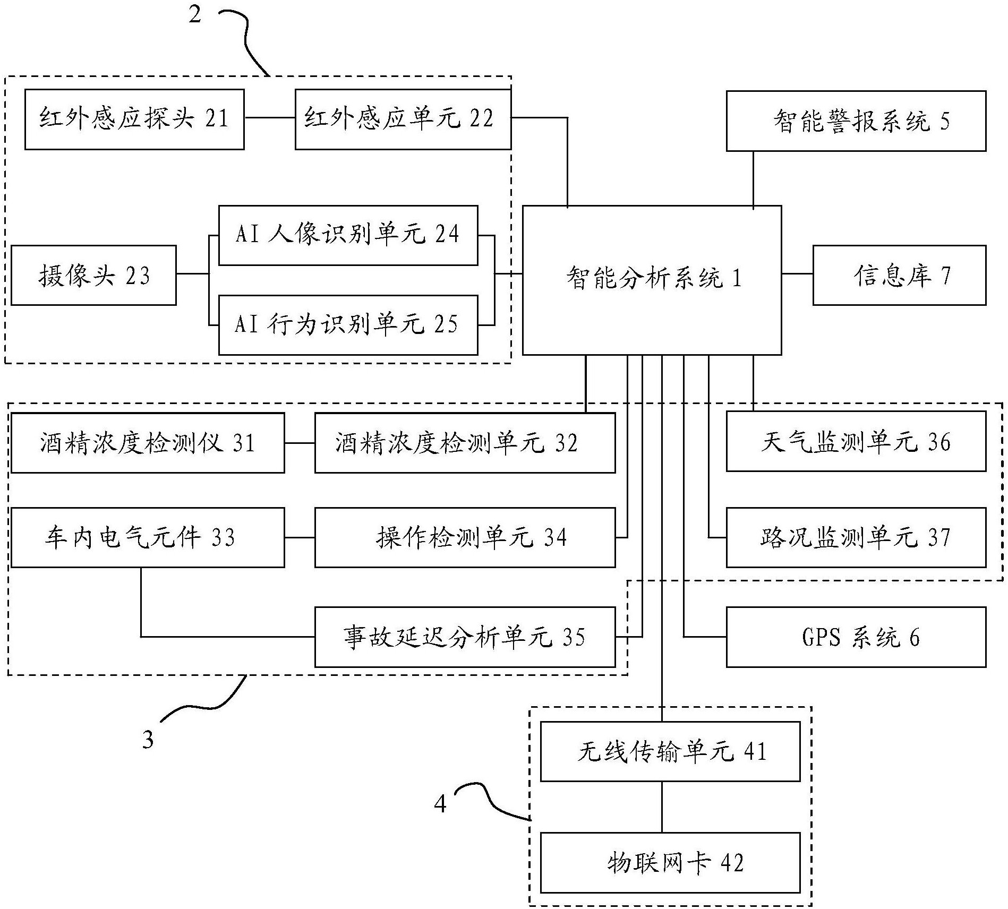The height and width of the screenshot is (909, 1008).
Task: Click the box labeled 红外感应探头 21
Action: tap(134, 119)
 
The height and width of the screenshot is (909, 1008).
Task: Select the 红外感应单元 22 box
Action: tap(403, 119)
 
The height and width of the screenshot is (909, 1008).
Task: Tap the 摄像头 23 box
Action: tap(93, 275)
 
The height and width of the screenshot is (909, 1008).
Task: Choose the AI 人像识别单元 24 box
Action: tap(348, 235)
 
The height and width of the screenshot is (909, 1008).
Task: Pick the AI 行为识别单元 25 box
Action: tap(348, 324)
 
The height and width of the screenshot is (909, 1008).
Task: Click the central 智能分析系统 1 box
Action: tap(652, 280)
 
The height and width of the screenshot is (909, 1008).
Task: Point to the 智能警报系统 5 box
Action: tap(856, 121)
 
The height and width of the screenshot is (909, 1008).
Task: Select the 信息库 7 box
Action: tap(899, 275)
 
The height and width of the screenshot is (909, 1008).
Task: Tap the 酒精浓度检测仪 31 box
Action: tap(148, 443)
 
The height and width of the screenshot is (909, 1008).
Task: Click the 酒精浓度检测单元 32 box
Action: tap(465, 443)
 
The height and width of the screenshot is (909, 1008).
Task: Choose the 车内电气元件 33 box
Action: tap(148, 537)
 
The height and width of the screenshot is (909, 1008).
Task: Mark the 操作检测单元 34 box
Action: tap(465, 537)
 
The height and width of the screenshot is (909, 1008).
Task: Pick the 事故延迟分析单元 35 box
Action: tap(465, 637)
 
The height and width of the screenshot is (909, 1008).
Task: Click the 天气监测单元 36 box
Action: tap(856, 441)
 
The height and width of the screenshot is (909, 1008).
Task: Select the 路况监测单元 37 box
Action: tap(856, 537)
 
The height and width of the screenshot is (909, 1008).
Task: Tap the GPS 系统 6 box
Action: tap(856, 637)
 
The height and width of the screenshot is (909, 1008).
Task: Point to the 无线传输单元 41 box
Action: tap(670, 751)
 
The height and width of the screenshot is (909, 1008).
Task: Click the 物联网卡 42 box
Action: tap(670, 862)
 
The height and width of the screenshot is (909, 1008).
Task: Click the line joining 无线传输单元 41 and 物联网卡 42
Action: tap(662, 807)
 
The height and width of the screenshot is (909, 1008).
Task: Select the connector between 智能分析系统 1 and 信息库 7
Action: tap(797, 274)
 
